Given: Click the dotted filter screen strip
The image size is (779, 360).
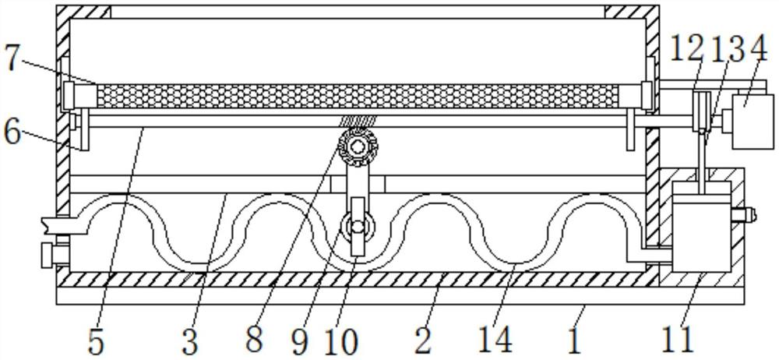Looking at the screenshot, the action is [358, 96].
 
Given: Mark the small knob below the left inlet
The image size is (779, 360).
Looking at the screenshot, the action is [50, 254].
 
